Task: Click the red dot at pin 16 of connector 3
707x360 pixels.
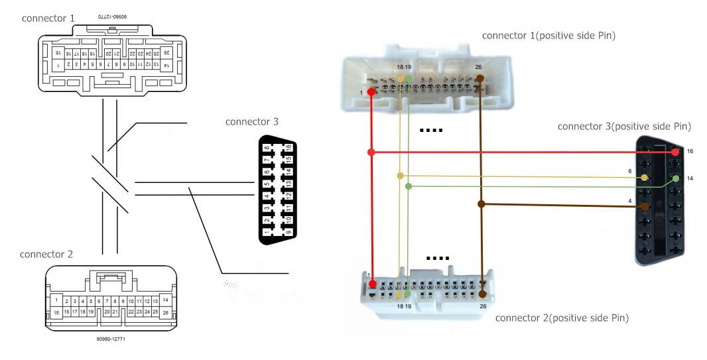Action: pyautogui.click(x=675, y=152)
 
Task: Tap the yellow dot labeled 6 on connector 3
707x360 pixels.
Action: pyautogui.click(x=645, y=178)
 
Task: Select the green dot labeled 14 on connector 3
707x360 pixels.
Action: pyautogui.click(x=675, y=178)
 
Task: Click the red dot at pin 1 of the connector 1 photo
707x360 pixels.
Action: pyautogui.click(x=371, y=91)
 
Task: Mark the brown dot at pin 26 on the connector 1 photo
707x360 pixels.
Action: pyautogui.click(x=480, y=78)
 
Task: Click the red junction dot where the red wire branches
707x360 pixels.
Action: pyautogui.click(x=371, y=152)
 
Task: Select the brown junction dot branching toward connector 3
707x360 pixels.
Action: pyautogui.click(x=482, y=204)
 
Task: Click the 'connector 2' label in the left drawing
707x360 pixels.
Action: pyautogui.click(x=47, y=254)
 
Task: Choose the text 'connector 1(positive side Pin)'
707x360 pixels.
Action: pyautogui.click(x=548, y=35)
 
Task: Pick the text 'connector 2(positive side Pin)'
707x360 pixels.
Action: pyautogui.click(x=562, y=318)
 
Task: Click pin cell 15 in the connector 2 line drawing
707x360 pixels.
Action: pyautogui.click(x=57, y=312)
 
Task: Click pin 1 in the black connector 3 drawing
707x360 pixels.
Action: pyautogui.click(x=267, y=231)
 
